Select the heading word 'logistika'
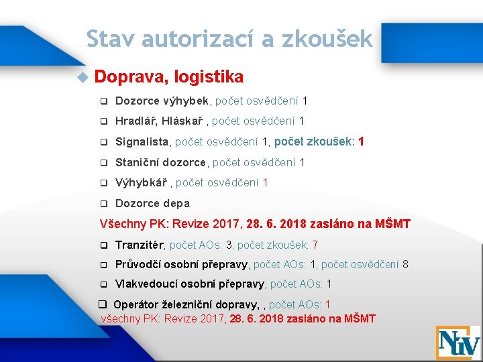coord(208,77)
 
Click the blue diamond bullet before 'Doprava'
coord(82,78)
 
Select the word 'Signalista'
coord(144,142)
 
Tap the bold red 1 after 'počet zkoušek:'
coord(362,142)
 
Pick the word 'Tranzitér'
coord(141,245)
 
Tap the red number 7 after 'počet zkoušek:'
coord(315,245)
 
